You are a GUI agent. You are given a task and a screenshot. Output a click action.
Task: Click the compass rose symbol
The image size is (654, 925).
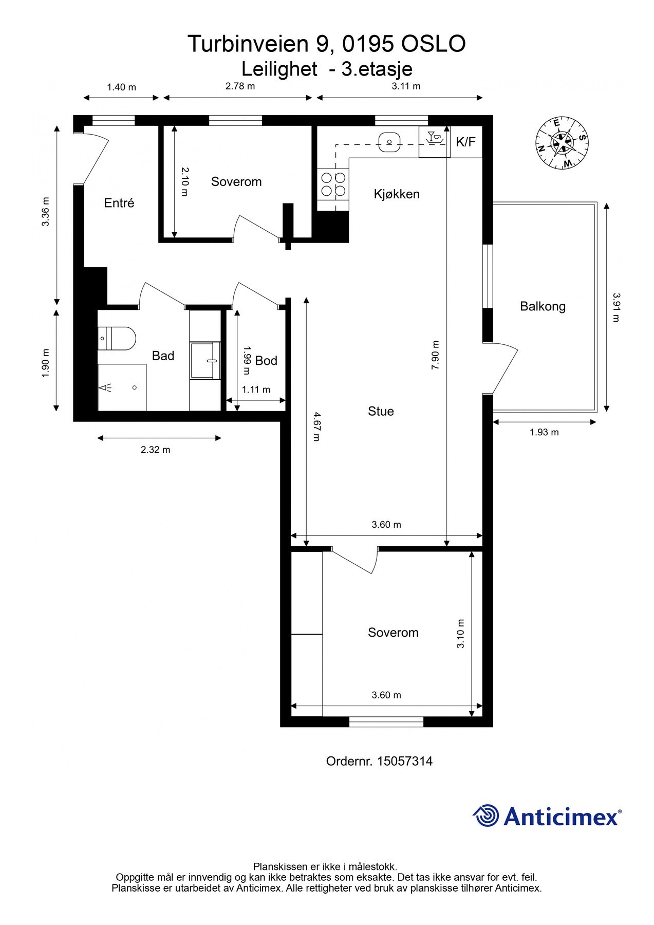pyautogui.click(x=562, y=143)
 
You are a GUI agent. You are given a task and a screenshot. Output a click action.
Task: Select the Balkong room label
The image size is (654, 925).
pyautogui.click(x=543, y=306)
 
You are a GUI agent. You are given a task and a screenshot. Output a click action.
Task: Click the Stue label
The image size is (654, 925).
pyautogui.click(x=381, y=411)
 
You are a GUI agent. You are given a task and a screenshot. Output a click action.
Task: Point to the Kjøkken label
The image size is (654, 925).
pyautogui.click(x=397, y=194)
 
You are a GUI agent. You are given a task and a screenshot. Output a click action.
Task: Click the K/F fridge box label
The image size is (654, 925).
pyautogui.click(x=466, y=142)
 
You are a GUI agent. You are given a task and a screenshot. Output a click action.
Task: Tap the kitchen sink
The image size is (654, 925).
pyautogui.click(x=390, y=140)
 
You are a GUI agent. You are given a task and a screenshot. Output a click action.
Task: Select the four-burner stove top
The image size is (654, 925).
pyautogui.click(x=333, y=184)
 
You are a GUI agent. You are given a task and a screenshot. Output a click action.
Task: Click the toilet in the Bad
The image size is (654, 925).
pyautogui.click(x=117, y=338)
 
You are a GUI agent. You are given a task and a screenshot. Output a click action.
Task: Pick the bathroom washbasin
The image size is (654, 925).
pyautogui.click(x=205, y=360)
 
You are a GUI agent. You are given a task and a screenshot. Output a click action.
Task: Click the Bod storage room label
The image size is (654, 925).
pyautogui.click(x=266, y=361)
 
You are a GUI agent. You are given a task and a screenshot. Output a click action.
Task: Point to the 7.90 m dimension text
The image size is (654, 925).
pyautogui.click(x=435, y=355)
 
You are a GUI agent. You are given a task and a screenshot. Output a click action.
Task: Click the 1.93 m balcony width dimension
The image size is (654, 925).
pyautogui.click(x=544, y=432)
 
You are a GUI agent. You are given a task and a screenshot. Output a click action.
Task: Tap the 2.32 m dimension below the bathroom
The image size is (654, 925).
pyautogui.click(x=155, y=450)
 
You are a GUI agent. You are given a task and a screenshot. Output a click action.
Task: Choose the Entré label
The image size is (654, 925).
pyautogui.click(x=119, y=203)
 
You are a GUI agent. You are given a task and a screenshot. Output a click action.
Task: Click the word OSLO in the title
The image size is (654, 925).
pyautogui.click(x=433, y=44)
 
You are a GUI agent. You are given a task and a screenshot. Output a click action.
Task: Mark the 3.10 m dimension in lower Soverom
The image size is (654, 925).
pyautogui.click(x=460, y=634)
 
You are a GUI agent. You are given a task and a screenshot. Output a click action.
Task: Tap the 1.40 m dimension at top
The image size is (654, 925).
pyautogui.click(x=121, y=87)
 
